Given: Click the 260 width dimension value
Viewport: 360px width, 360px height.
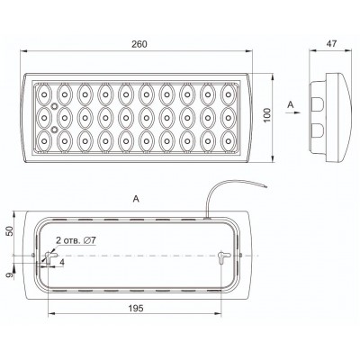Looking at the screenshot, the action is [x=139, y=44].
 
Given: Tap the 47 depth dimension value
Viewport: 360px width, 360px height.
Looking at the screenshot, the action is [x=331, y=44].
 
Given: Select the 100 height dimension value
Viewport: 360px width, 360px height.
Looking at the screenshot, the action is [x=267, y=114].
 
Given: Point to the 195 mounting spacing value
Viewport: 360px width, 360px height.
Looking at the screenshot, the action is [x=136, y=308].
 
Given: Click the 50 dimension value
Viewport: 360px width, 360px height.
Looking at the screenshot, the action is [x=10, y=231].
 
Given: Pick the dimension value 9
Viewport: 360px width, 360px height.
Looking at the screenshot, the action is [x=10, y=274].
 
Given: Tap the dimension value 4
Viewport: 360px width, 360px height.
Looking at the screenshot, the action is [x=62, y=262].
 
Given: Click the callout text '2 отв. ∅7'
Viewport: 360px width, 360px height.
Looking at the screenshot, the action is [x=76, y=240].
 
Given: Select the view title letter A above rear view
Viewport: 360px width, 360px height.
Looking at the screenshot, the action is [x=136, y=199].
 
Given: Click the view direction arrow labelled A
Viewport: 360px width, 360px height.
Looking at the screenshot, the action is [x=293, y=112].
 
